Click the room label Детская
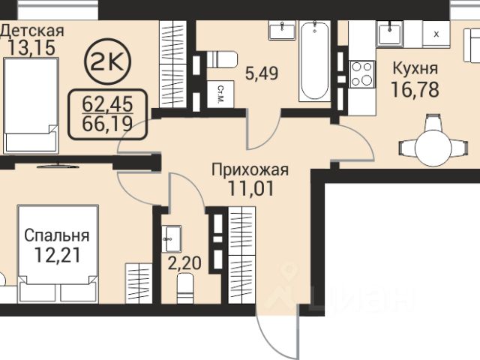click(x=32, y=31)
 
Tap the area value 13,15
click(x=31, y=48)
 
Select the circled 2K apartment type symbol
click(x=107, y=61)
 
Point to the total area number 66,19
click(x=107, y=123)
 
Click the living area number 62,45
click(x=107, y=103)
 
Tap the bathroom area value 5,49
click(x=262, y=73)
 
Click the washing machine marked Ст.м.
click(x=220, y=94)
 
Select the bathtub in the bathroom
click(x=315, y=61)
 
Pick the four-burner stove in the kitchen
click(x=362, y=74)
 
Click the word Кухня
click(x=415, y=68)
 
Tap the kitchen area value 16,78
click(x=415, y=90)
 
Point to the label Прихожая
click(x=250, y=169)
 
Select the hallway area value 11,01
click(x=250, y=188)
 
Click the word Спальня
click(x=57, y=235)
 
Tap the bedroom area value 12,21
click(x=57, y=255)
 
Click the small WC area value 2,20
click(x=185, y=263)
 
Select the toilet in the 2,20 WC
click(x=185, y=288)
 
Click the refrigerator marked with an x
click(x=436, y=34)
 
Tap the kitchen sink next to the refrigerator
click(x=390, y=34)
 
